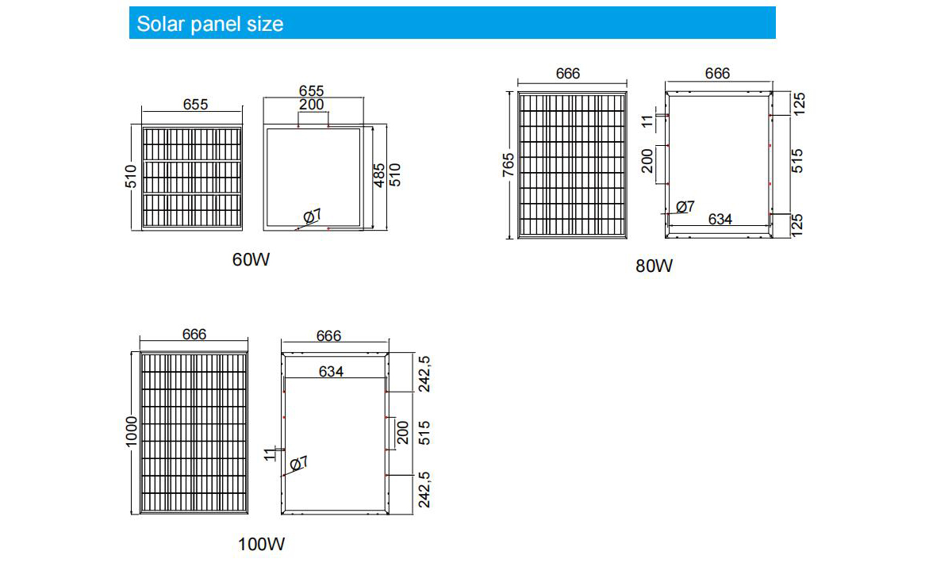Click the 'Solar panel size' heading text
tap(209, 24)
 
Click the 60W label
tap(251, 259)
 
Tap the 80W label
tap(654, 266)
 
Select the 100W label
tap(261, 545)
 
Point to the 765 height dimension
tap(509, 164)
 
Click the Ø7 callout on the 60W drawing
tap(312, 216)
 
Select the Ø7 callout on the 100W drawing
tap(299, 463)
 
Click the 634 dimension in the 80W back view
tap(720, 220)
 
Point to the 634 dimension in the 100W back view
tap(331, 370)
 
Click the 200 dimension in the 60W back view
tap(312, 105)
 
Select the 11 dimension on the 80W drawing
tap(647, 121)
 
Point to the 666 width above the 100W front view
tap(194, 335)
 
